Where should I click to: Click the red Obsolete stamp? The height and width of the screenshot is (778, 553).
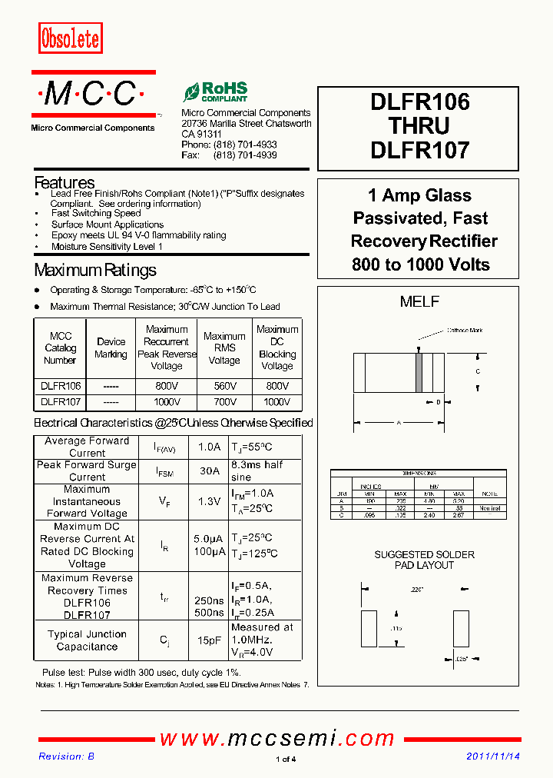tap(70, 38)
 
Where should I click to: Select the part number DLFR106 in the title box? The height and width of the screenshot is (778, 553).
tap(419, 102)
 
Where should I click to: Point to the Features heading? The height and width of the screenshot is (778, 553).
tap(65, 183)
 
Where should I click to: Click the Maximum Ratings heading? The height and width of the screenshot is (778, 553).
tap(95, 271)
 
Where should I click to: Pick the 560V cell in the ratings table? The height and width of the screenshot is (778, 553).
tap(224, 386)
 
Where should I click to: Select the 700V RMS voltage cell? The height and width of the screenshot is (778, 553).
tap(224, 402)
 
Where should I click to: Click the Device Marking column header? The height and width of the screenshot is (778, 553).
tap(111, 348)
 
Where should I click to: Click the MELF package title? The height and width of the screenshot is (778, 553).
tap(419, 302)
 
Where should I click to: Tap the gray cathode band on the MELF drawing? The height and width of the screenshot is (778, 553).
tap(419, 372)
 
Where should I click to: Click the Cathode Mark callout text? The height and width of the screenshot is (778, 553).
tap(465, 331)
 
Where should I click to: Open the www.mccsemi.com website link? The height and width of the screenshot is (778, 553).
tap(276, 739)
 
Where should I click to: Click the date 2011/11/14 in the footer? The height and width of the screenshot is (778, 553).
tap(493, 756)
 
